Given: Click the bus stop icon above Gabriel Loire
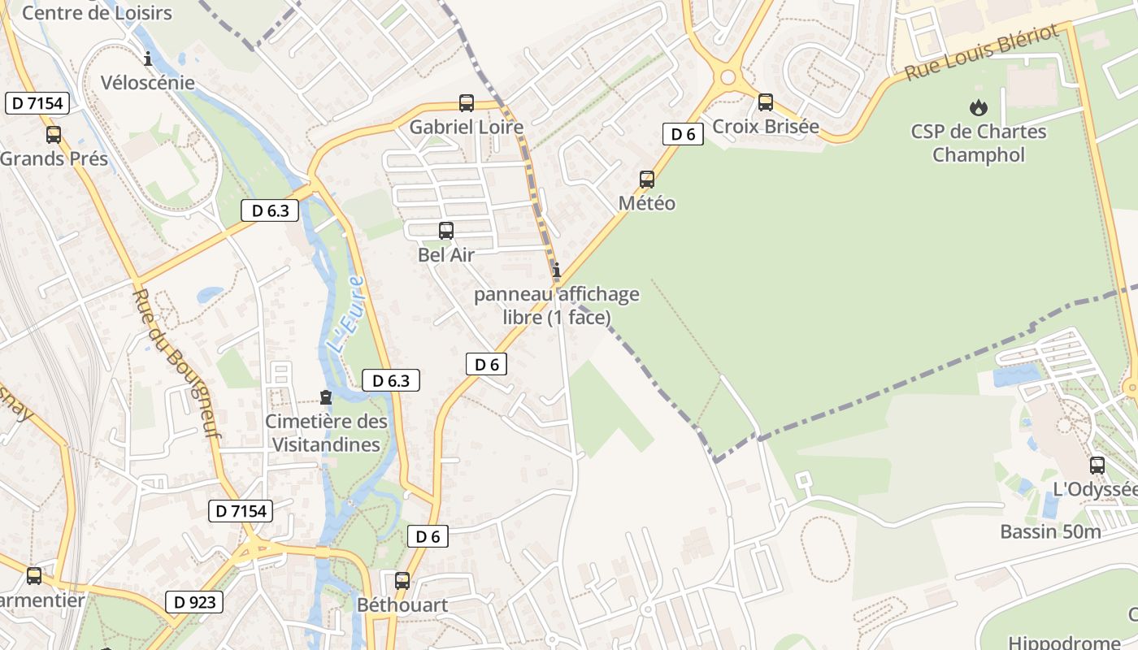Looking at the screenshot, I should click(x=467, y=103).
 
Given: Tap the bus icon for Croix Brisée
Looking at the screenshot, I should click(x=766, y=102).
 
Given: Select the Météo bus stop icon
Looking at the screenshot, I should click(x=647, y=180).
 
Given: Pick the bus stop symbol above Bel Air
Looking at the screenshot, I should click(x=446, y=231).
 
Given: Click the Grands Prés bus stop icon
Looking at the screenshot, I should click(x=54, y=135).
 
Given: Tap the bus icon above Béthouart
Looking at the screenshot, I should click(x=402, y=581).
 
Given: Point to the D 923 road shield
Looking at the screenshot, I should click(x=195, y=602).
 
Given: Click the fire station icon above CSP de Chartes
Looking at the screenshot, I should click(x=978, y=107).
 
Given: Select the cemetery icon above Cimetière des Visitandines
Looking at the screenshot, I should click(x=326, y=397).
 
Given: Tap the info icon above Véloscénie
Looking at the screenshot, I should click(x=148, y=58).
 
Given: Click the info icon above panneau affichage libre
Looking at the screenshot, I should click(x=557, y=270).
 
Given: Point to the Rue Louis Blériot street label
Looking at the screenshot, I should click(x=982, y=51).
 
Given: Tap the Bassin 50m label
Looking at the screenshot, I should click(x=1050, y=532).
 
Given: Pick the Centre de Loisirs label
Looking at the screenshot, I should click(x=97, y=12).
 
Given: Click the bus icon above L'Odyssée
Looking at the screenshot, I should click(x=1097, y=466).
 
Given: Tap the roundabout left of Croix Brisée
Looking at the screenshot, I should click(x=728, y=79).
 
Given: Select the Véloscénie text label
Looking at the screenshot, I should click(x=148, y=82).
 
